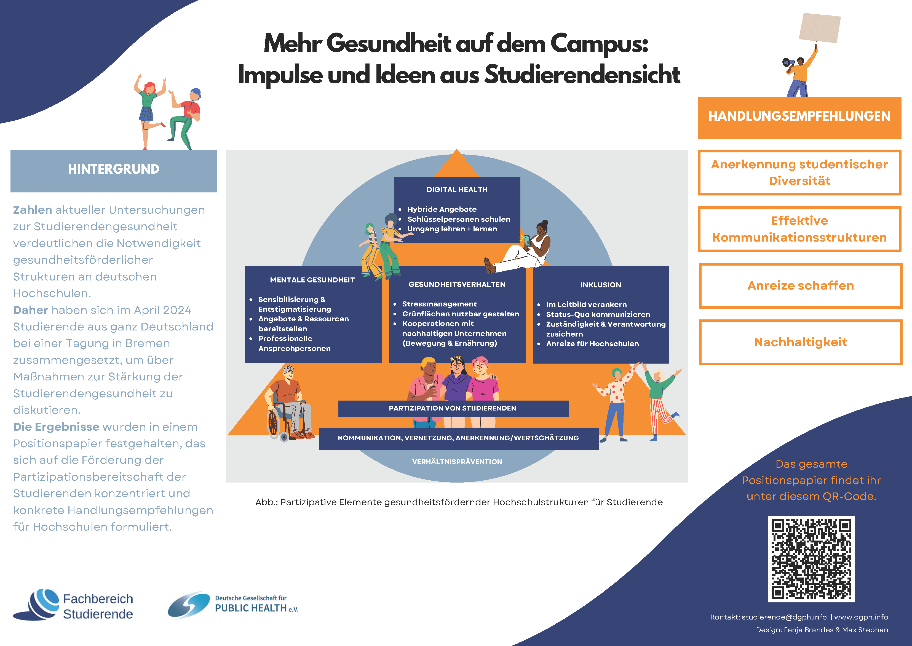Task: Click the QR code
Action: (811, 558)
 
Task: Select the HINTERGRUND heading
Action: (113, 169)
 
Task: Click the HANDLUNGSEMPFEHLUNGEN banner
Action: (799, 116)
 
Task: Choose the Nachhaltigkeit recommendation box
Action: (800, 342)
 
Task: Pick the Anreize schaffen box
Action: (800, 286)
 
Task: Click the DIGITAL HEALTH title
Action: (457, 190)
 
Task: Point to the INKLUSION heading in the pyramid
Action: (600, 285)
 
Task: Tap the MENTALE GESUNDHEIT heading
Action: (312, 280)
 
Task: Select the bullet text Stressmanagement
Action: (439, 304)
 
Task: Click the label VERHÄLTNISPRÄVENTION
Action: (457, 461)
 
